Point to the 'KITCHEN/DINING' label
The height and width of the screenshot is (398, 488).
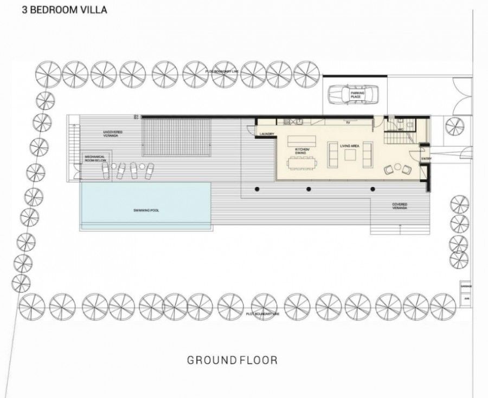301,151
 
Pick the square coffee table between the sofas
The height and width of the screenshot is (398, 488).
350,155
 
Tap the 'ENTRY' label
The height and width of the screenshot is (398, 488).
427,158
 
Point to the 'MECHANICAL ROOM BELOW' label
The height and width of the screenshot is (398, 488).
94,159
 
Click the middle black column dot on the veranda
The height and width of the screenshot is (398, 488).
309,189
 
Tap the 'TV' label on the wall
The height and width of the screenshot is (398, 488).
348,123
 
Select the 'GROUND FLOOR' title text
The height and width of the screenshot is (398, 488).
232,360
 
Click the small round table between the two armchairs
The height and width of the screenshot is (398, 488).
397,167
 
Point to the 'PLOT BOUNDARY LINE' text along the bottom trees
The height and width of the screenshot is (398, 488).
261,313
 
